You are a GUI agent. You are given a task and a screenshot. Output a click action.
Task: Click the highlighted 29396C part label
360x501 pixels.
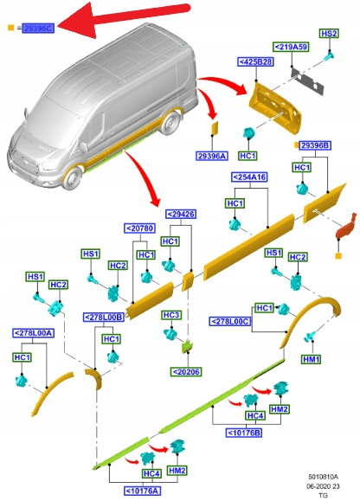click(38, 28)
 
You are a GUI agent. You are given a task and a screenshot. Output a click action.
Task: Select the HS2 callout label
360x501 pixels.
click(329, 34)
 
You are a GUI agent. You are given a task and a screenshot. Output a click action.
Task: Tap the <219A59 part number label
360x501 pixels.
click(292, 47)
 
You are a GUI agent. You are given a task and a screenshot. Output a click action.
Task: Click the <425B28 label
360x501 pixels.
click(255, 61)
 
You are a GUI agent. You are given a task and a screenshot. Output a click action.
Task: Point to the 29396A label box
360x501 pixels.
click(212, 156)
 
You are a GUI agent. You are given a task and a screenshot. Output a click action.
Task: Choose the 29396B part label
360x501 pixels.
click(315, 145)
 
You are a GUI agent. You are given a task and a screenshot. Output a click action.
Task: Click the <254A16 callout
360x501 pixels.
click(249, 177)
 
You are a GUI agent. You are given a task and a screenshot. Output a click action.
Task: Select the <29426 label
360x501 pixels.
click(181, 214)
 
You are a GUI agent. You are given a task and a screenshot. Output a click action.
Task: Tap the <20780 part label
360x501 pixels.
click(140, 228)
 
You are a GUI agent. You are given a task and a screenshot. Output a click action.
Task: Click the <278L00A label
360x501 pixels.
click(33, 333)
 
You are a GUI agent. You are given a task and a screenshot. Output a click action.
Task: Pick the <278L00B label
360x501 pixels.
click(104, 317)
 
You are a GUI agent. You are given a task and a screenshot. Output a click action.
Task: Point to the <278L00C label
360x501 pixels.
click(230, 321)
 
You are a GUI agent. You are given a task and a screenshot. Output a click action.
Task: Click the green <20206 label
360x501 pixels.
click(186, 371)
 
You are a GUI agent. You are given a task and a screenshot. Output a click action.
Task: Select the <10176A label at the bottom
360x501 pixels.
click(142, 491)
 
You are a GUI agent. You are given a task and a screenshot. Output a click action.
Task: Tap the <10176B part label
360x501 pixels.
click(244, 433)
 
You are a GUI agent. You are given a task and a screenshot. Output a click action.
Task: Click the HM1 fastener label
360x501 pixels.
click(312, 359)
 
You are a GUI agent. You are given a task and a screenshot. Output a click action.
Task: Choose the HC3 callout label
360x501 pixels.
click(171, 315)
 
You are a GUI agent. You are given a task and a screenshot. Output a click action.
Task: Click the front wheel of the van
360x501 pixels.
click(72, 177)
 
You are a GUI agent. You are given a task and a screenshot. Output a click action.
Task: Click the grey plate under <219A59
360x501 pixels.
click(307, 80)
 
